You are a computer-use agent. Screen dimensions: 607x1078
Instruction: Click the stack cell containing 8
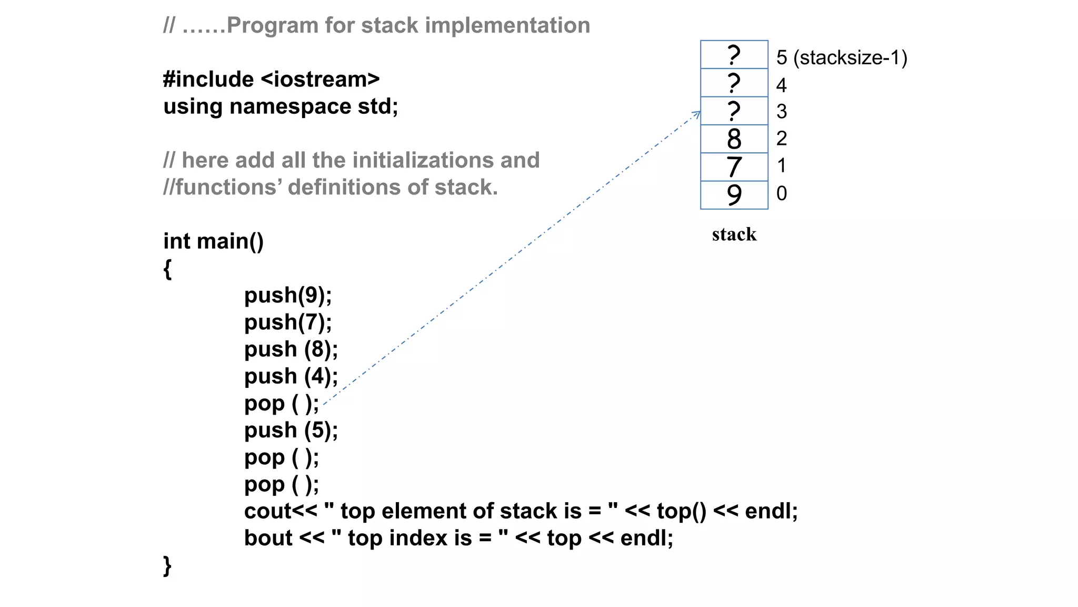734,139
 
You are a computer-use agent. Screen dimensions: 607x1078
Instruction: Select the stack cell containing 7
734,167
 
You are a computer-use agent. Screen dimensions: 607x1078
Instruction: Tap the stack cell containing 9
734,195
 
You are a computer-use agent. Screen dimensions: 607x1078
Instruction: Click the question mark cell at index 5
734,55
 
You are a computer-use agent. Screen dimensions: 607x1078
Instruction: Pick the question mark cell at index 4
734,83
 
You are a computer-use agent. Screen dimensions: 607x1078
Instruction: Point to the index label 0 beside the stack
782,193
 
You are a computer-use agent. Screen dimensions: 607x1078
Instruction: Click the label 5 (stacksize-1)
841,57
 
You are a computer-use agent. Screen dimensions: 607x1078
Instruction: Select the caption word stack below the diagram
734,234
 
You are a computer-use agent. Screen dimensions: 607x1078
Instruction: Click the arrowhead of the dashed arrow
697,113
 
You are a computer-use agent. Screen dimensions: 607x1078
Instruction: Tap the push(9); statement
288,295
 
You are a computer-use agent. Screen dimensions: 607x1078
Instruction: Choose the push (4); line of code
291,376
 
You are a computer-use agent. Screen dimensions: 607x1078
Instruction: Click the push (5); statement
291,430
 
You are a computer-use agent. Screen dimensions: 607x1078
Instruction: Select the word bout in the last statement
268,538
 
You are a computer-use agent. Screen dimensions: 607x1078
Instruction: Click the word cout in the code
268,511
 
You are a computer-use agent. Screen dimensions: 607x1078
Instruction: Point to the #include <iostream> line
271,80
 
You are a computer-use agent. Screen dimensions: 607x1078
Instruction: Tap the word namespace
291,106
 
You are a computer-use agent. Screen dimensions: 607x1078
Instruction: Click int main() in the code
213,241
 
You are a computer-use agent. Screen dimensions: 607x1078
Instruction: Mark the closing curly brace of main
167,565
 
